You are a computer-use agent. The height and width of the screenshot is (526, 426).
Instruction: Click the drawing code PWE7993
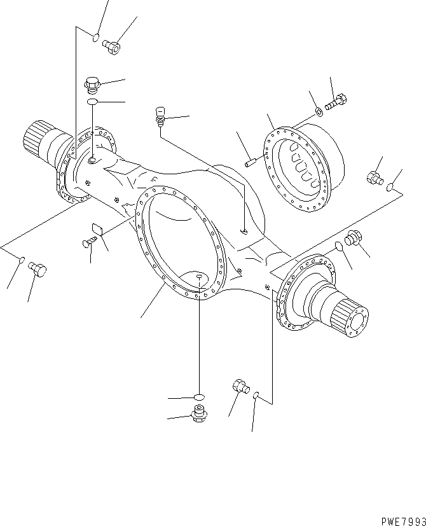(400, 520)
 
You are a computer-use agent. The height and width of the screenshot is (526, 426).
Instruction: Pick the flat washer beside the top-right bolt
(318, 113)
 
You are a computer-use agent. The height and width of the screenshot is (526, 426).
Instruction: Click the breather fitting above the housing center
(160, 117)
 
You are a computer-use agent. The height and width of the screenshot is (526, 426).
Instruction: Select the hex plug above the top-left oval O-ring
(92, 83)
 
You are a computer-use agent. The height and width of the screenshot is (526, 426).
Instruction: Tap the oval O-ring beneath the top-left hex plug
(93, 101)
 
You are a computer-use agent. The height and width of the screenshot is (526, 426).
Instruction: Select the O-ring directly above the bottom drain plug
(199, 398)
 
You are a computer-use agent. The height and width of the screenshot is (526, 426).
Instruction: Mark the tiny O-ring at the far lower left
(21, 260)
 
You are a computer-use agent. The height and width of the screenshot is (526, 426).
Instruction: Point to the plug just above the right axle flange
(353, 237)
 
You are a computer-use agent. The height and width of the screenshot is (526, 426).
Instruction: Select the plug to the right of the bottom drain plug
(240, 386)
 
